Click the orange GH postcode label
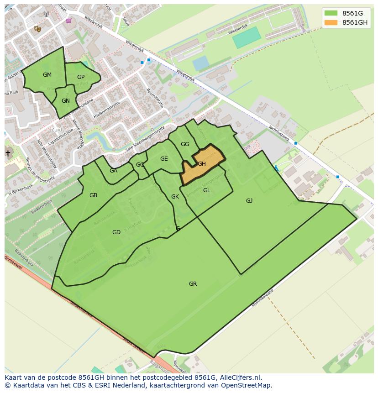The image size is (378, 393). click(202, 164)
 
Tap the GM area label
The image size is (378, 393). click(47, 75)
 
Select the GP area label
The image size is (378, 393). click(81, 77)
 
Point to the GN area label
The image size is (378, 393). click(66, 101)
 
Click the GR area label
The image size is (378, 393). click(193, 284)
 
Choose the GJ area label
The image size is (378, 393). click(249, 201)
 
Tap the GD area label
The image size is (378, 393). click(116, 232)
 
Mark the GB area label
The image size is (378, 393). click(93, 195)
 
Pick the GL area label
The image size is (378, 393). click(206, 190)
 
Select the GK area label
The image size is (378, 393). click(175, 197)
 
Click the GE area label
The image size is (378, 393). click(164, 159)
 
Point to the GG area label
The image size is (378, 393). click(184, 144)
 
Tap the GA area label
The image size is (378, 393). click(113, 171)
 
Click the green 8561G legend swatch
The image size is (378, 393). click(331, 13)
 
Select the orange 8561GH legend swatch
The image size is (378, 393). click(331, 22)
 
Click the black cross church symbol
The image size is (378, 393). click(7, 153)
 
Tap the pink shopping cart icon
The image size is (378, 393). click(68, 20)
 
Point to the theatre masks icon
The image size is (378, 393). click(37, 29)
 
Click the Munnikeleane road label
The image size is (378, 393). click(262, 298)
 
